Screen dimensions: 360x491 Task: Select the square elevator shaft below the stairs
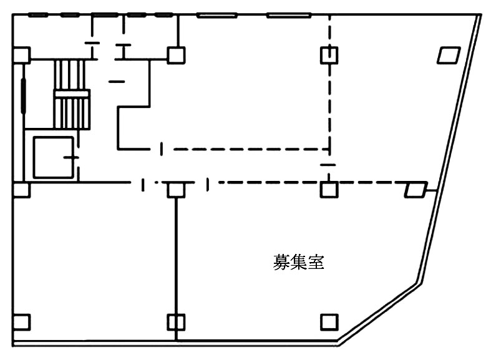point(52,157)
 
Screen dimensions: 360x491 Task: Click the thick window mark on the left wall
point(24,94)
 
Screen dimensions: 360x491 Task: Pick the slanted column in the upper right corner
point(448,56)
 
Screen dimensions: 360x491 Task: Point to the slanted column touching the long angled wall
point(416,188)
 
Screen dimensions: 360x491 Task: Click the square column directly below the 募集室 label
point(329,322)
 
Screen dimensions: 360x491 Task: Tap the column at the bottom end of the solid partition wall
point(176,323)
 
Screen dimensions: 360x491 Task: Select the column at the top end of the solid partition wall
point(176,188)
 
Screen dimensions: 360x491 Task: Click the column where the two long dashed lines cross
point(329,188)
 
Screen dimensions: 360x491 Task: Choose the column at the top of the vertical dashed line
point(329,55)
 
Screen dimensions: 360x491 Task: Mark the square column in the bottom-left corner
point(21,323)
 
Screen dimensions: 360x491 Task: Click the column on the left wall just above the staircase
point(21,55)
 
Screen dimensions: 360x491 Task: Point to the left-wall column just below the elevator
point(21,189)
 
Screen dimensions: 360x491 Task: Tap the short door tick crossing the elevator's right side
point(73,157)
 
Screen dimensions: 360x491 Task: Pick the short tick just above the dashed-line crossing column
point(328,165)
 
